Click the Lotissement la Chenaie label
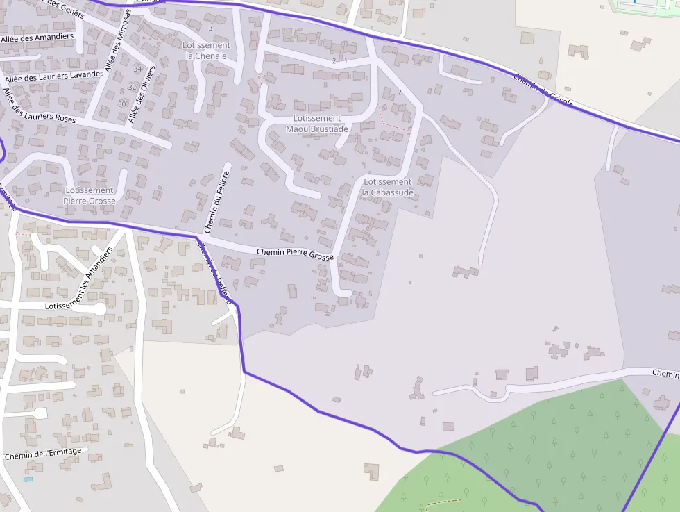pos(206,51)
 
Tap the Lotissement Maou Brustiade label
pos(317,124)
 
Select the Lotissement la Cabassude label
pos(387,187)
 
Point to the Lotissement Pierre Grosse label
pos(89,195)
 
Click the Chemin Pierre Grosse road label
pos(295,254)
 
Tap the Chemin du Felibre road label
pos(216,201)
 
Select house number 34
pos(137,69)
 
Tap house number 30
pos(122,104)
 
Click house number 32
pos(132,87)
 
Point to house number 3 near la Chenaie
pos(210,28)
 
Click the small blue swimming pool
pos(28,479)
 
